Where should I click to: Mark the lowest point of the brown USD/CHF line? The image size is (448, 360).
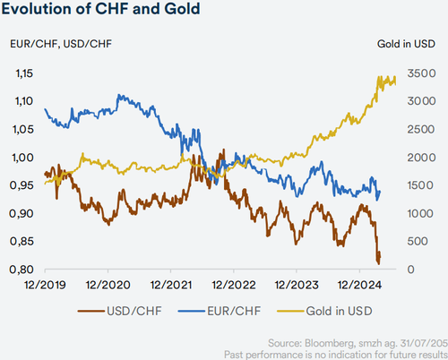[379, 263]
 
